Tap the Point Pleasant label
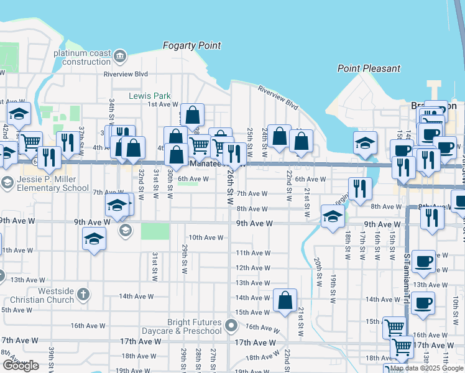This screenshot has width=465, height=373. [369, 68]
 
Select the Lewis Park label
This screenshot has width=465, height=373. [149, 96]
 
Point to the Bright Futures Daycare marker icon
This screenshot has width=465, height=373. [231, 325]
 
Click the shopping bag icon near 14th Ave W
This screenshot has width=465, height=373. [285, 300]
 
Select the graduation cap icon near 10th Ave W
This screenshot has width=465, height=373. [94, 239]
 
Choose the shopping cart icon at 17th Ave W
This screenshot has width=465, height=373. [402, 346]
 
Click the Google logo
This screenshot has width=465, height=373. [21, 366]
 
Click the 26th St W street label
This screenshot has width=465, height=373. [230, 184]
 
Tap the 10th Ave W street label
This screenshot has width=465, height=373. [206, 237]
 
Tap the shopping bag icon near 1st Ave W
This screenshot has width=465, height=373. [193, 114]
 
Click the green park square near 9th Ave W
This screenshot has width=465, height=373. [155, 231]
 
